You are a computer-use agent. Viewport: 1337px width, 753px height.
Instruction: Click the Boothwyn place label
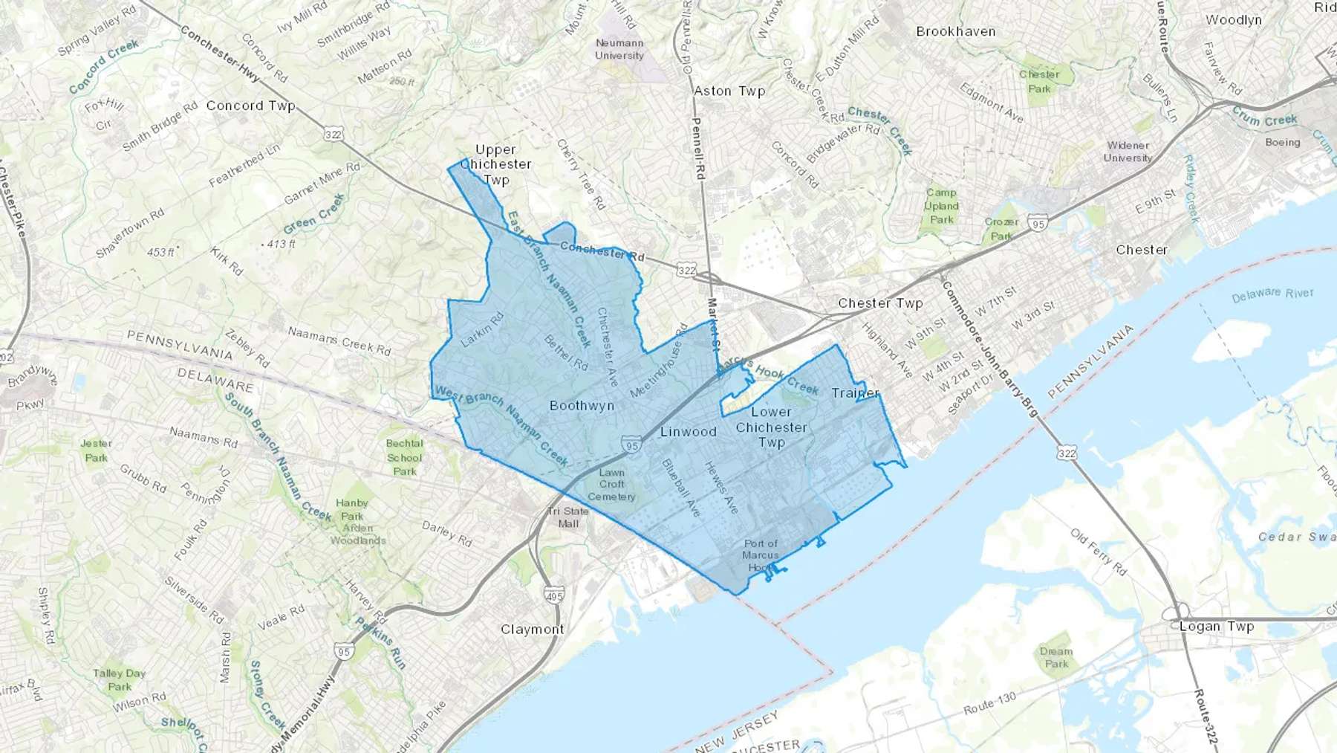pos(582,405)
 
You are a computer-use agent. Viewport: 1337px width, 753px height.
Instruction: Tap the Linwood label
pos(688,431)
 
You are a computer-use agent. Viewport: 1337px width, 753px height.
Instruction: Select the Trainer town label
pos(855,392)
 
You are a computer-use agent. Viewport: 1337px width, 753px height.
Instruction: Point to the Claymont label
pos(532,629)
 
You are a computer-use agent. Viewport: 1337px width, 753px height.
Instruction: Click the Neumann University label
pos(619,49)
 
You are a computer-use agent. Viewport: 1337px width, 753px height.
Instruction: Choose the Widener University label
pos(1128,152)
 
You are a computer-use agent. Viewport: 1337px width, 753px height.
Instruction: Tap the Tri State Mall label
pos(568,517)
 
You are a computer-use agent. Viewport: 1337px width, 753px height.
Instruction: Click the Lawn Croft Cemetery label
pos(611,485)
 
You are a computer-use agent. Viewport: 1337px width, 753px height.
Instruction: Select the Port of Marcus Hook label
pos(761,555)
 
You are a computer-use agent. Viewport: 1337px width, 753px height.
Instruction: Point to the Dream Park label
pos(1055,658)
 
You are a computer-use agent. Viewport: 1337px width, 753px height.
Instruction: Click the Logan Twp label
pos(1216,627)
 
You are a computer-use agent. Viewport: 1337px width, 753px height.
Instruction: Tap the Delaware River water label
pos(1272,294)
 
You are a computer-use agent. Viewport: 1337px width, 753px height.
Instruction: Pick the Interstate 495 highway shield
pos(554,595)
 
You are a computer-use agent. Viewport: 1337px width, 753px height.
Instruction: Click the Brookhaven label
pos(955,31)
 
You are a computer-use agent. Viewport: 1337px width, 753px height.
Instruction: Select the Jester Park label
pos(96,450)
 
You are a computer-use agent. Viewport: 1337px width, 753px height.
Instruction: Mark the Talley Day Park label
pos(119,680)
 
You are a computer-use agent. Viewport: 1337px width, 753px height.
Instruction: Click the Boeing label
pos(1282,142)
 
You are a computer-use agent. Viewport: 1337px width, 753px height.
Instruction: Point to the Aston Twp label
pos(729,91)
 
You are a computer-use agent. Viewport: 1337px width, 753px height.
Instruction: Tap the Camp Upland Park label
pos(941,206)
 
